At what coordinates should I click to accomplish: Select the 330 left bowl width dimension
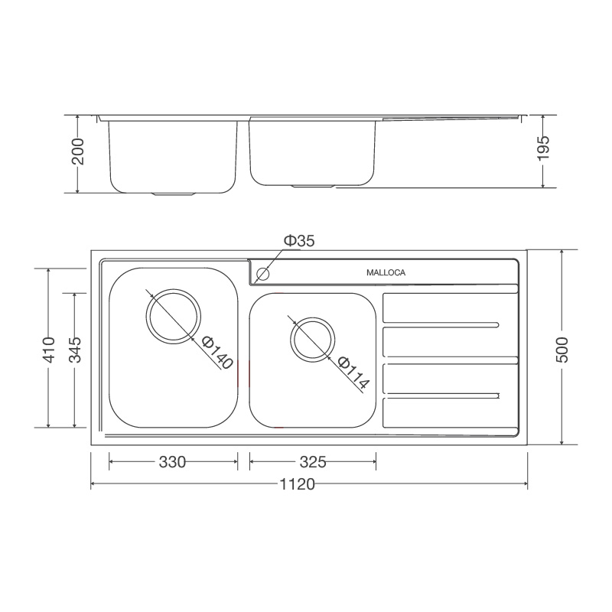(172, 462)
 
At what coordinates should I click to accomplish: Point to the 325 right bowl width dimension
(312, 462)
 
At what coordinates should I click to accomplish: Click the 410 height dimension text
(49, 349)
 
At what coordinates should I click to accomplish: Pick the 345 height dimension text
(74, 349)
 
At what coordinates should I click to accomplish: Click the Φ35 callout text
(299, 241)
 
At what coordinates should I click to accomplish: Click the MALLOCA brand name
(386, 272)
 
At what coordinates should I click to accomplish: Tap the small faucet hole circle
(265, 273)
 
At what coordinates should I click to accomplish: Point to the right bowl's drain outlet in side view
(312, 186)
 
